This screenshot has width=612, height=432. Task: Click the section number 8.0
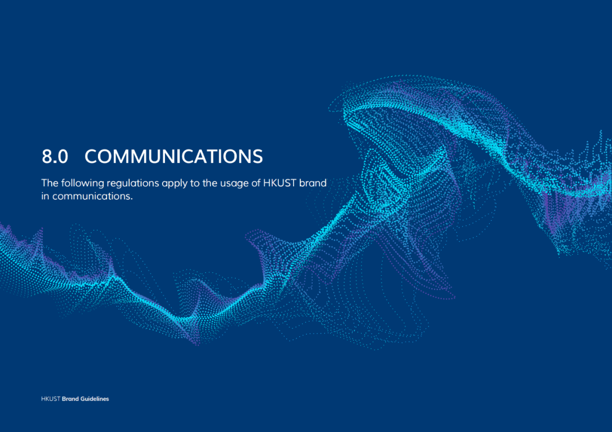[x=54, y=157]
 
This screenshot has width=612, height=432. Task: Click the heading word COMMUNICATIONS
[x=174, y=157]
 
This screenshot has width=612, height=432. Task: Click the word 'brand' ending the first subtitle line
[x=313, y=183]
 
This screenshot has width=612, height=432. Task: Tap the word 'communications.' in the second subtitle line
[x=92, y=196]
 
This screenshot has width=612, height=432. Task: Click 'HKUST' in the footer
[x=51, y=399]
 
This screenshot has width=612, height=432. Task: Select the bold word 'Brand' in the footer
[x=70, y=399]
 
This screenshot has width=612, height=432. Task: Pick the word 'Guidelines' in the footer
[x=95, y=399]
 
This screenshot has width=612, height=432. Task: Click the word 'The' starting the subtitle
[x=50, y=183]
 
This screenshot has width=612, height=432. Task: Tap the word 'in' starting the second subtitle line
[x=45, y=196]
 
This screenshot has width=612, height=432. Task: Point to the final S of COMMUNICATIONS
[x=258, y=157]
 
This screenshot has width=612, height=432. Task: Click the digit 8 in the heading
[x=46, y=157]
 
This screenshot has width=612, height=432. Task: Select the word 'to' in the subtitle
[x=195, y=183]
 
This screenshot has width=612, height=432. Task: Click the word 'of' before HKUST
[x=256, y=183]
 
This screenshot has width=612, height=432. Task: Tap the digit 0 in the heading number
[x=62, y=157]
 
